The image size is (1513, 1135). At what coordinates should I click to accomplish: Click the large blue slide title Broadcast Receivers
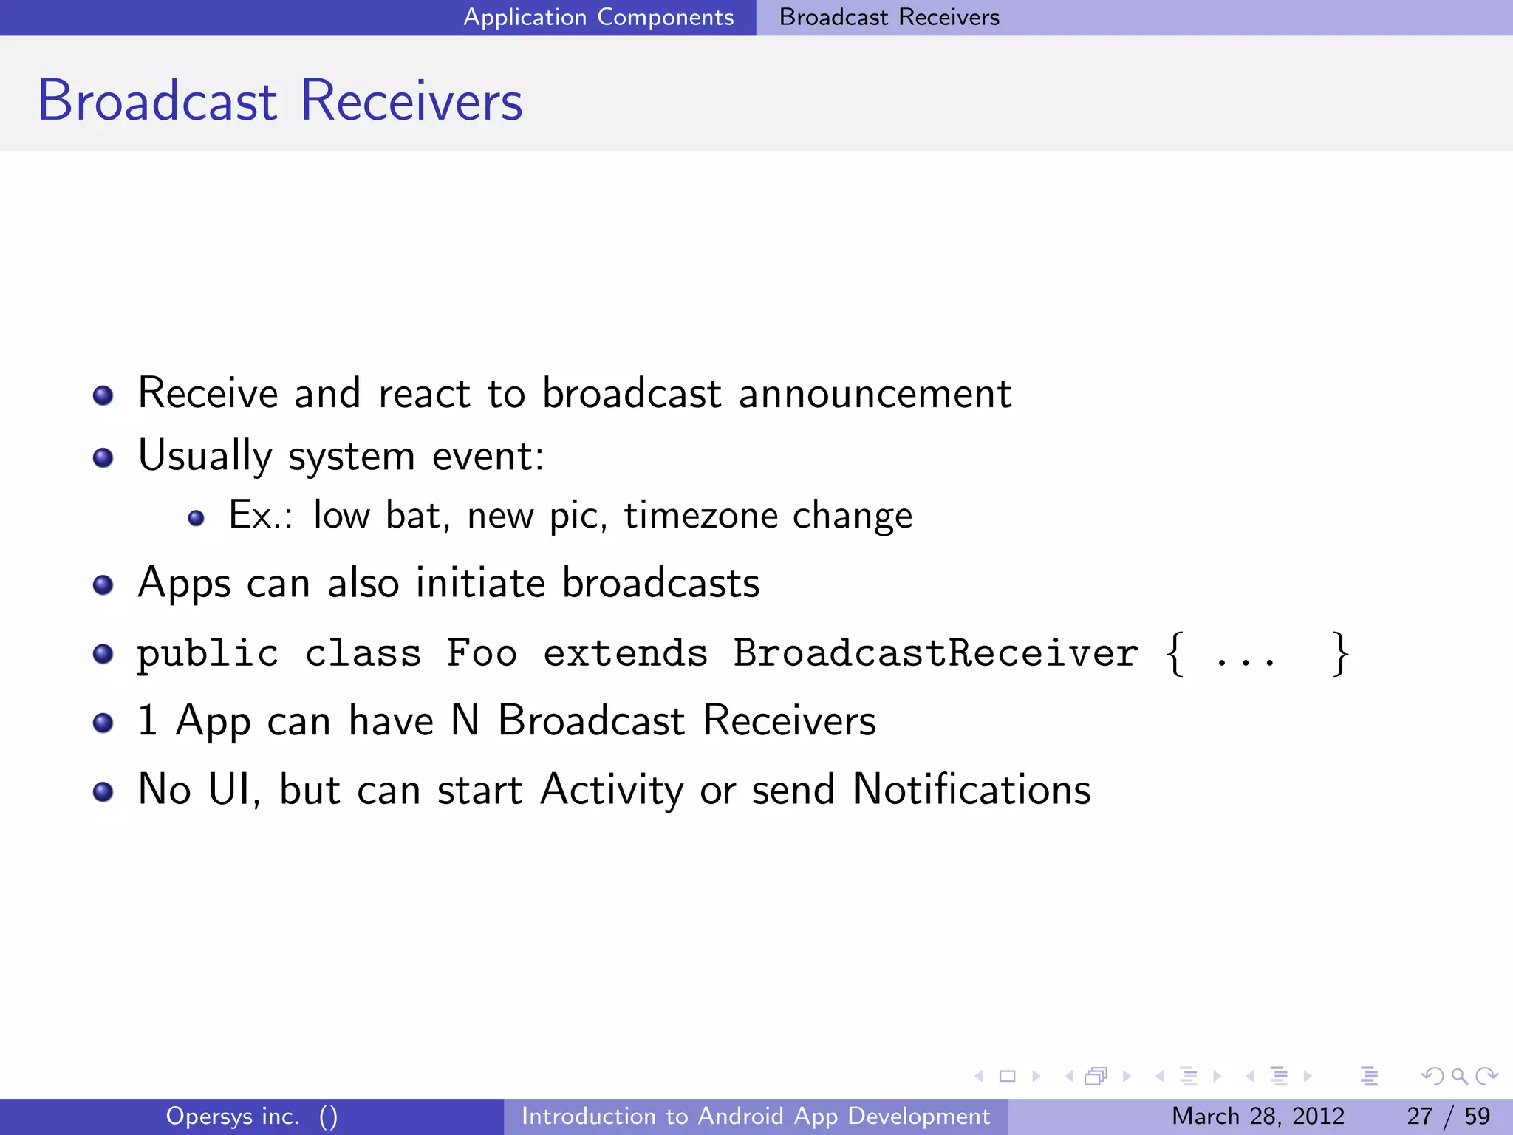tap(279, 100)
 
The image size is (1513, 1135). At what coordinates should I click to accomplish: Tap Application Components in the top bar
tap(598, 17)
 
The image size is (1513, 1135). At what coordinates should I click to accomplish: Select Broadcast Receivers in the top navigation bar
tap(889, 17)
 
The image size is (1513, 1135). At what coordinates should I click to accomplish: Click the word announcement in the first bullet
tap(875, 393)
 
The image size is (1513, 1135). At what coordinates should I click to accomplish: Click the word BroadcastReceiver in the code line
tap(935, 653)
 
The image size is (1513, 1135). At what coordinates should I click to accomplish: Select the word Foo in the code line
tap(482, 653)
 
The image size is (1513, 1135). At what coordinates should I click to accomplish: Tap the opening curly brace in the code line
tap(1175, 653)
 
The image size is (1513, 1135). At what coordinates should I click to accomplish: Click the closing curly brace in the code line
tap(1339, 653)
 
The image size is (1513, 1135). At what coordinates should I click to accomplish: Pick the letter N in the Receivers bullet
tap(465, 720)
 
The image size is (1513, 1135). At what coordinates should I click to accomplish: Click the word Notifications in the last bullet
tap(971, 789)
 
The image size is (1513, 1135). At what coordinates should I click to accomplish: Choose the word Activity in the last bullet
tap(612, 789)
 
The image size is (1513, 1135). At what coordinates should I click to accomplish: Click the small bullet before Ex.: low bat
tap(196, 518)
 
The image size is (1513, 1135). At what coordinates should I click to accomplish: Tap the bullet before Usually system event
tap(103, 458)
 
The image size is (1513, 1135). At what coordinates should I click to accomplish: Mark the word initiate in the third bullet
tap(480, 583)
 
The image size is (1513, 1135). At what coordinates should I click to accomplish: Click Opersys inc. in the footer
tap(233, 1116)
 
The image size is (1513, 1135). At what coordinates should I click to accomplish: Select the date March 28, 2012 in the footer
tap(1257, 1116)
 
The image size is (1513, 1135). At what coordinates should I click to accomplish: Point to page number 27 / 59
tap(1448, 1116)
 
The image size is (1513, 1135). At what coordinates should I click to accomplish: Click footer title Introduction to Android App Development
tap(755, 1116)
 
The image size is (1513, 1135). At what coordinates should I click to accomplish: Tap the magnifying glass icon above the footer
tap(1459, 1076)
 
